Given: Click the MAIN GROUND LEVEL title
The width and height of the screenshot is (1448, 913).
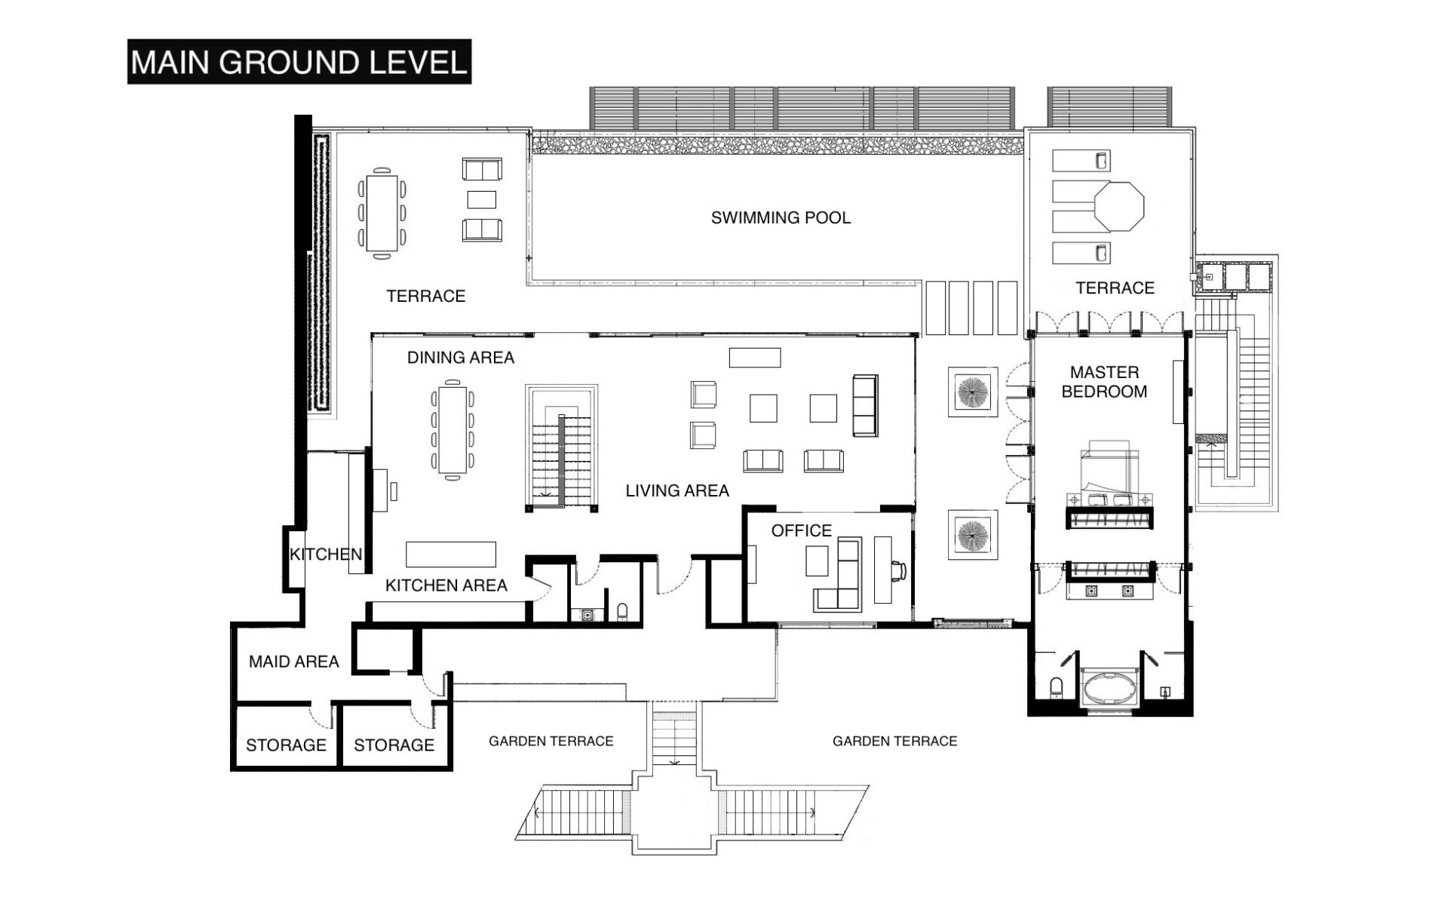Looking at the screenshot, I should [299, 62].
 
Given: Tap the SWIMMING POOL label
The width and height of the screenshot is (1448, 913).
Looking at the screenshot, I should [781, 218].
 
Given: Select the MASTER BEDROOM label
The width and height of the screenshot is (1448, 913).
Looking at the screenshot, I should [1104, 382].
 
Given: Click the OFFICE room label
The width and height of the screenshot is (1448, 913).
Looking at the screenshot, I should [801, 530].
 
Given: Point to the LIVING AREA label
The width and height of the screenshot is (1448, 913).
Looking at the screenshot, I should [677, 490].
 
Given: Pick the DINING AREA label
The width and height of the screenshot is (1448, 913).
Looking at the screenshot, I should [460, 358].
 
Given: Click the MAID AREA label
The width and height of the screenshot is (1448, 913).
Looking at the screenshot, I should [293, 662].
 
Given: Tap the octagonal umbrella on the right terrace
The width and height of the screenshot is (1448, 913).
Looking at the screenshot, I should [1119, 205].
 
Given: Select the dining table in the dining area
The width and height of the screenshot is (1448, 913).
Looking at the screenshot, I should [452, 430].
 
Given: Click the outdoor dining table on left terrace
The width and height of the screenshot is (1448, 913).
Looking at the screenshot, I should [382, 213].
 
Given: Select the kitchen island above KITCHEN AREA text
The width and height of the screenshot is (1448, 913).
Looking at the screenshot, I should [451, 554].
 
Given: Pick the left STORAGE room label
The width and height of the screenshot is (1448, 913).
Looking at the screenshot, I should [286, 745].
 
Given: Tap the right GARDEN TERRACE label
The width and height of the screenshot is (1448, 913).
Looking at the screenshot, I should [894, 742].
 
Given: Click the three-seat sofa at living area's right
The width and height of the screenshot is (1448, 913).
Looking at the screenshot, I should [865, 405].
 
